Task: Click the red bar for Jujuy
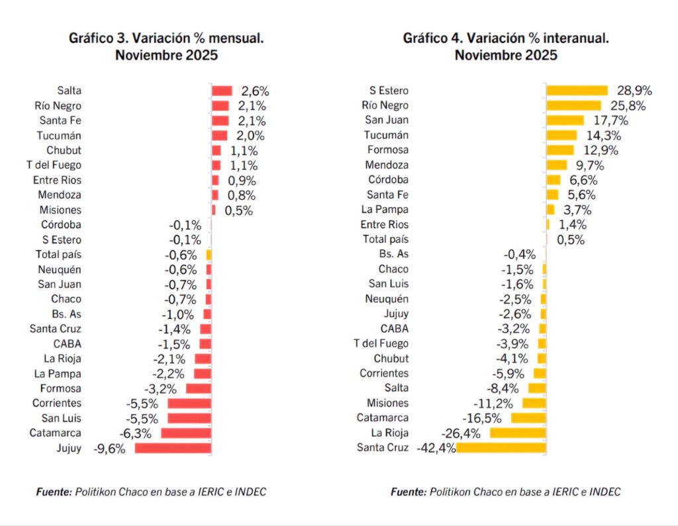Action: (x=173, y=448)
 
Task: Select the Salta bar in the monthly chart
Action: (x=222, y=91)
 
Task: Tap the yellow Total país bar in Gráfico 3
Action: (x=209, y=255)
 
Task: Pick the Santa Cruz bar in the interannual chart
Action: (x=501, y=448)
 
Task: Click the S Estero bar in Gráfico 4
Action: (x=577, y=91)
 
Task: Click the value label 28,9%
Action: (x=634, y=91)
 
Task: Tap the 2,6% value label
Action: (x=255, y=91)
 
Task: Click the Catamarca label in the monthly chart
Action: (x=56, y=433)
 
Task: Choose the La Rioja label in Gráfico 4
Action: (x=391, y=433)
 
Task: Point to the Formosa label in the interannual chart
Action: (x=387, y=150)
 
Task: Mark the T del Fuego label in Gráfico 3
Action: (x=58, y=165)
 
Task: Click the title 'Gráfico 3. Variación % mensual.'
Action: (x=166, y=38)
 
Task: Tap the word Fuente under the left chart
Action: (x=53, y=492)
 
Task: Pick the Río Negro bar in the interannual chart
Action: (x=573, y=105)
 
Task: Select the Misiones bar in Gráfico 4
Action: (x=534, y=403)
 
